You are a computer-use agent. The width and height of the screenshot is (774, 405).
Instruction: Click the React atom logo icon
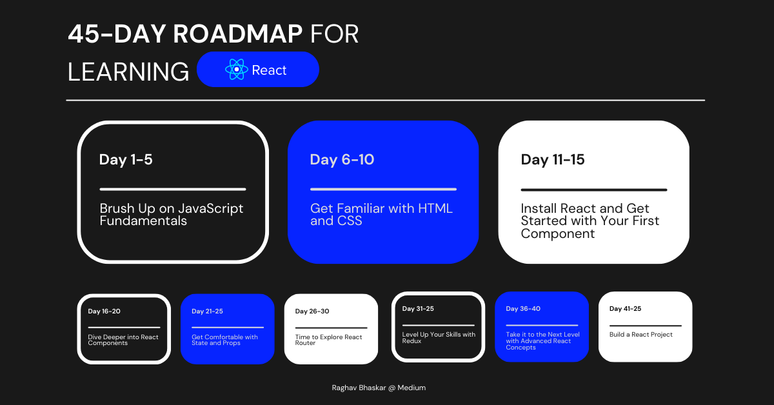pyautogui.click(x=237, y=70)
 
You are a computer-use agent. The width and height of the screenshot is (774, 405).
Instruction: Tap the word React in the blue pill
pyautogui.click(x=269, y=70)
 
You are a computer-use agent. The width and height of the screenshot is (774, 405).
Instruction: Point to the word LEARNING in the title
pyautogui.click(x=128, y=72)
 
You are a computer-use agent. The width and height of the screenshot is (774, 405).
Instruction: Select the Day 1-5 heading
pyautogui.click(x=126, y=160)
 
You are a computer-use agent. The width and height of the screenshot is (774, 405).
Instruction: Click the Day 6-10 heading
pyautogui.click(x=342, y=160)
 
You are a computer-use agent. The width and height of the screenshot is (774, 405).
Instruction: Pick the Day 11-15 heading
pyautogui.click(x=553, y=160)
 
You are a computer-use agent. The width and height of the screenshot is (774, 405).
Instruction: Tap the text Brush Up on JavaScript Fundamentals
pyautogui.click(x=172, y=215)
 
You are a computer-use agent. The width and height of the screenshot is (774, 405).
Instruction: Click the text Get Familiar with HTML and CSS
pyautogui.click(x=381, y=215)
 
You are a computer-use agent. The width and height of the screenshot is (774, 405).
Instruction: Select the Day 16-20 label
pyautogui.click(x=104, y=311)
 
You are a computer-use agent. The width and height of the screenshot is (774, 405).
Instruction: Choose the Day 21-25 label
pyautogui.click(x=207, y=311)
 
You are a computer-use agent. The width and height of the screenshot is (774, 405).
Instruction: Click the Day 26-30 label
pyautogui.click(x=312, y=311)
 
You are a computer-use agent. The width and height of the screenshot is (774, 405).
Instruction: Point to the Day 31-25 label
pyautogui.click(x=418, y=309)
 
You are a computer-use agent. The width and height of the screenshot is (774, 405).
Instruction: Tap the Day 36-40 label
pyautogui.click(x=523, y=309)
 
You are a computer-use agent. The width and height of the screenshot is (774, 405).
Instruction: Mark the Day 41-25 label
pyautogui.click(x=625, y=309)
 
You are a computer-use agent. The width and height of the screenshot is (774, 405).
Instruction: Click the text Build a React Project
pyautogui.click(x=641, y=335)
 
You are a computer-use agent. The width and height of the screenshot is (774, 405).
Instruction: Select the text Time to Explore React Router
pyautogui.click(x=328, y=340)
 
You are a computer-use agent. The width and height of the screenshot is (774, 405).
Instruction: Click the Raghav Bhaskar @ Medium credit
pyautogui.click(x=378, y=388)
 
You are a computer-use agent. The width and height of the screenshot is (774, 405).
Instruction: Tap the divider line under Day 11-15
pyautogui.click(x=593, y=190)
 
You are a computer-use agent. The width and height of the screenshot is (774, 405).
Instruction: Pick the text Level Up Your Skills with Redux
pyautogui.click(x=439, y=337)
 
